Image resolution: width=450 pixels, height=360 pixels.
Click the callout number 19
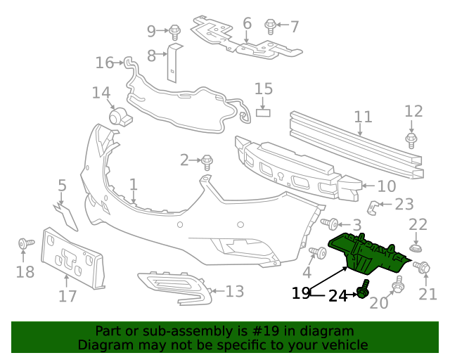click(301, 293)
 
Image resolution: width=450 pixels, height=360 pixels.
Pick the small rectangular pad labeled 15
click(263, 111)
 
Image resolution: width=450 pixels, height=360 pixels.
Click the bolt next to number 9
click(175, 31)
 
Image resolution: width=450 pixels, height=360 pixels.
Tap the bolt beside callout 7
click(270, 26)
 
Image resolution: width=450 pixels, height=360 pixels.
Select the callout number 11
click(363, 117)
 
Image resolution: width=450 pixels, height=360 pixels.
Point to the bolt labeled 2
click(207, 161)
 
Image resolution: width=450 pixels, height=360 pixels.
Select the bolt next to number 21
click(423, 267)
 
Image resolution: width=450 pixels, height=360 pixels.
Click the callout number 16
click(105, 63)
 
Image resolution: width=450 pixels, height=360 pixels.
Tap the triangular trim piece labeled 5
click(67, 215)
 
